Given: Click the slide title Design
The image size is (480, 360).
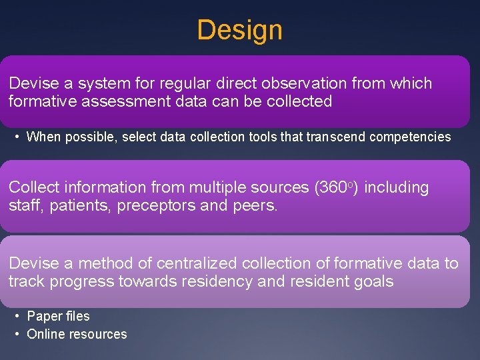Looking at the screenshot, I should (240, 30).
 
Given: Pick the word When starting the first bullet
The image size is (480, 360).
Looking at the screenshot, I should (43, 137).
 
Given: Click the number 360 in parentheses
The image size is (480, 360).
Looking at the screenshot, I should (329, 188).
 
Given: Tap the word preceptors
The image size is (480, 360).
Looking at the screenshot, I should (156, 206).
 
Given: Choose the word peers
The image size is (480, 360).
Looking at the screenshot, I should (255, 206).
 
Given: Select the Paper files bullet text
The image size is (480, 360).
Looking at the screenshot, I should (58, 317).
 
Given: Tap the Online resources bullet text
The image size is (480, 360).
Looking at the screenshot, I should (77, 335).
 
